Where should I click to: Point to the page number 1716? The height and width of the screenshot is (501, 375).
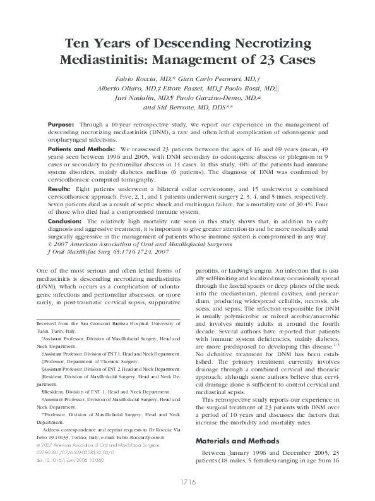point(187,483)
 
